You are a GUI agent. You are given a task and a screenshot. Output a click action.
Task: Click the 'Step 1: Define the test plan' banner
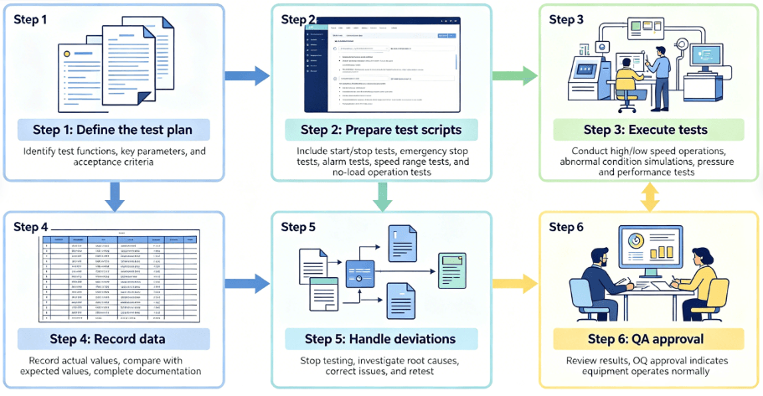(x=113, y=130)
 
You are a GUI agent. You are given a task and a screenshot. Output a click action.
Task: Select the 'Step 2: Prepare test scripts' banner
(x=381, y=130)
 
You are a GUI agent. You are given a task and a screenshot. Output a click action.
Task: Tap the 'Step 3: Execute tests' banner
(x=646, y=130)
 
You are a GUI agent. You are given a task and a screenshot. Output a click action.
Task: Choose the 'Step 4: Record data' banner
(x=113, y=340)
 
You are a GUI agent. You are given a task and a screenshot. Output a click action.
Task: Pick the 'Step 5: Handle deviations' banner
(x=381, y=340)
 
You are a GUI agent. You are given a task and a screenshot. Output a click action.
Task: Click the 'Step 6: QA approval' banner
(x=646, y=340)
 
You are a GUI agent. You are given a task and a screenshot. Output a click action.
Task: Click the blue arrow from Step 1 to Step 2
(x=249, y=76)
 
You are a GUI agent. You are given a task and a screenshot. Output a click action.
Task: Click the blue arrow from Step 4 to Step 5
(x=249, y=283)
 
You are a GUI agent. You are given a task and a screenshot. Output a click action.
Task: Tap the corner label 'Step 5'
(x=298, y=227)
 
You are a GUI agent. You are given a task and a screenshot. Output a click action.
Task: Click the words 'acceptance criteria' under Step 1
(x=113, y=162)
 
